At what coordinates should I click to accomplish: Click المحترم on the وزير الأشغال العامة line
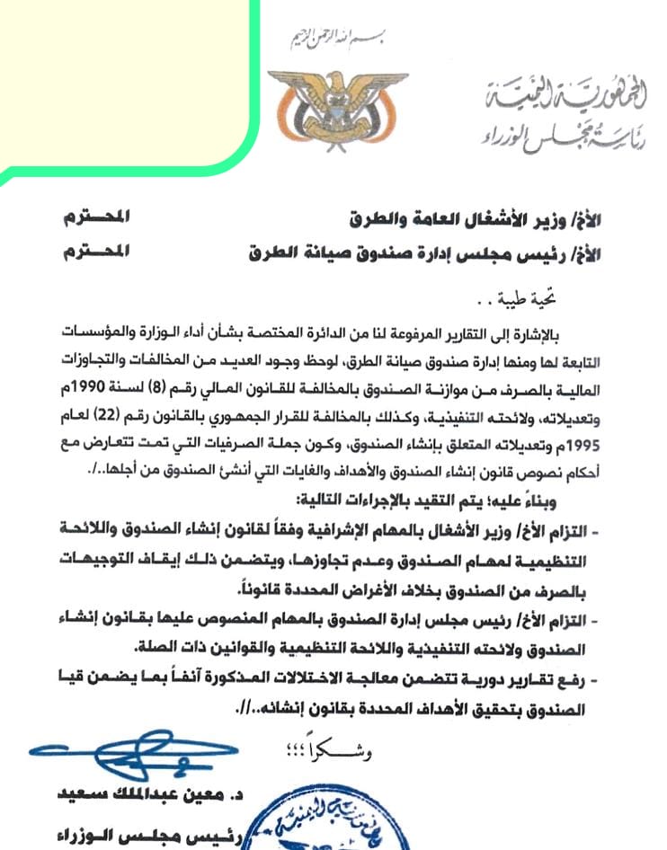tap(93, 216)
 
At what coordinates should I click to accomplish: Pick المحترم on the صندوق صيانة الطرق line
tap(93, 252)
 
